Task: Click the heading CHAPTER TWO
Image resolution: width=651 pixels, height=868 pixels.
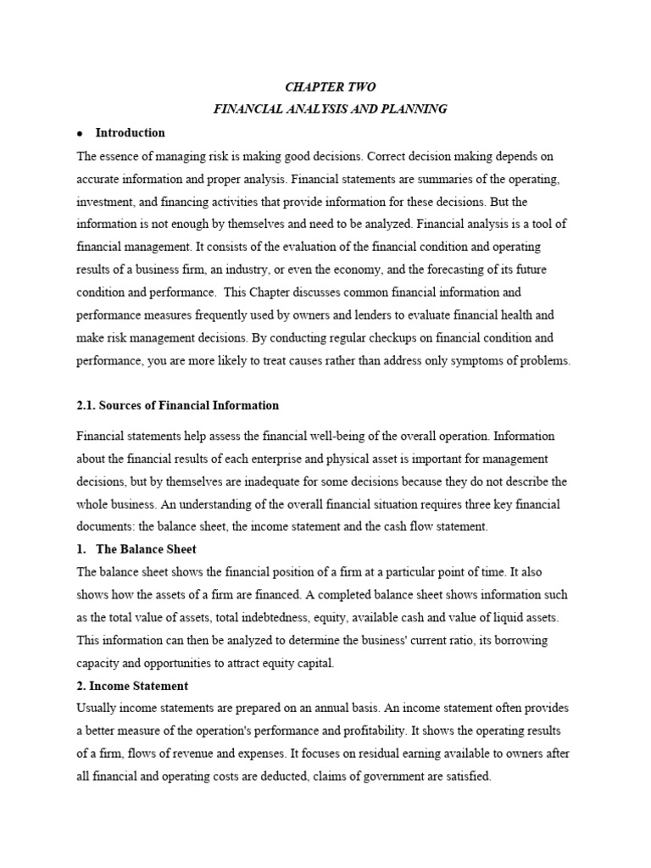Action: coord(329,87)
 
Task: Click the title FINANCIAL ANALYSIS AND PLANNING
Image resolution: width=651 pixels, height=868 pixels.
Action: coord(329,109)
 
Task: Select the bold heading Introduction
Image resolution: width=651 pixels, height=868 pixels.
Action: coord(130,133)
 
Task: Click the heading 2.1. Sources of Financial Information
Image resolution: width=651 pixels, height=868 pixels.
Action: coord(177,405)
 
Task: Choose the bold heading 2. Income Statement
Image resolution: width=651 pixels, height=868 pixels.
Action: coord(132,686)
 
